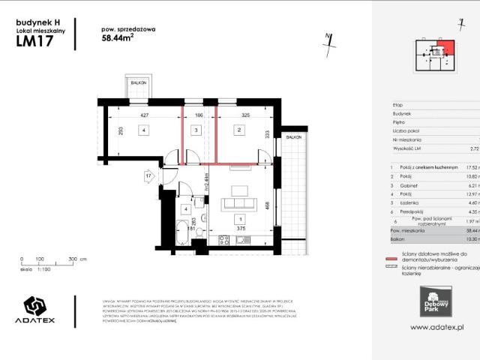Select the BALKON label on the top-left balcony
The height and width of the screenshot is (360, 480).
tap(137, 83)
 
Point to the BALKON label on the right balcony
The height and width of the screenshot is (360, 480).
tap(294, 138)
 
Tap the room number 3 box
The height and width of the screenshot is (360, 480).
tap(196, 130)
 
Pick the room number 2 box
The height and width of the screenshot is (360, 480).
tap(238, 130)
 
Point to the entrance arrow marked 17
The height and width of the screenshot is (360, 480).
tap(148, 177)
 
